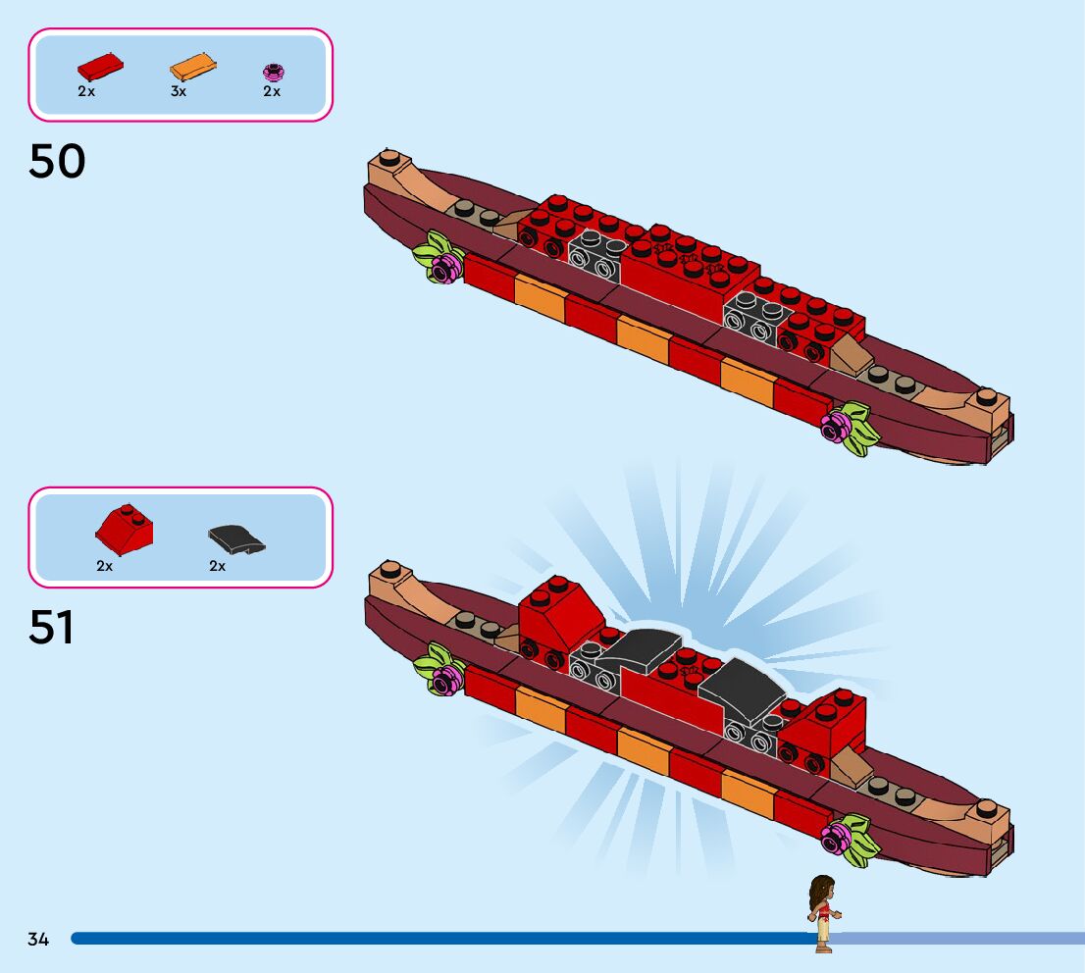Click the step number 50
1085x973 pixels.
pyautogui.click(x=57, y=162)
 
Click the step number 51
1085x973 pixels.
pyautogui.click(x=51, y=628)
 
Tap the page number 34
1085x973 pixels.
pyautogui.click(x=38, y=939)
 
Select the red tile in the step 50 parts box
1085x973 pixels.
pyautogui.click(x=100, y=68)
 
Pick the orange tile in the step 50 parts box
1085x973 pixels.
pyautogui.click(x=193, y=68)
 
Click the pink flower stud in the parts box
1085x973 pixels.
pyautogui.click(x=273, y=71)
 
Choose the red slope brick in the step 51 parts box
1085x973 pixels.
pyautogui.click(x=124, y=531)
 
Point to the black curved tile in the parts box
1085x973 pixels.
pyautogui.click(x=236, y=538)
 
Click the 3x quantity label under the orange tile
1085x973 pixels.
pyautogui.click(x=178, y=91)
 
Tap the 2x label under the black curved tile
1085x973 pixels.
pyautogui.click(x=217, y=566)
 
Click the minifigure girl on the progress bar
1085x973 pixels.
pyautogui.click(x=821, y=912)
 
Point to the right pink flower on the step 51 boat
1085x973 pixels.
pyautogui.click(x=837, y=838)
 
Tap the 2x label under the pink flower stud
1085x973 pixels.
pyautogui.click(x=272, y=91)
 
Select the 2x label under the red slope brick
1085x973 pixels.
pyautogui.click(x=105, y=566)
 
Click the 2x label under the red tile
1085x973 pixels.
pyautogui.click(x=86, y=91)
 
